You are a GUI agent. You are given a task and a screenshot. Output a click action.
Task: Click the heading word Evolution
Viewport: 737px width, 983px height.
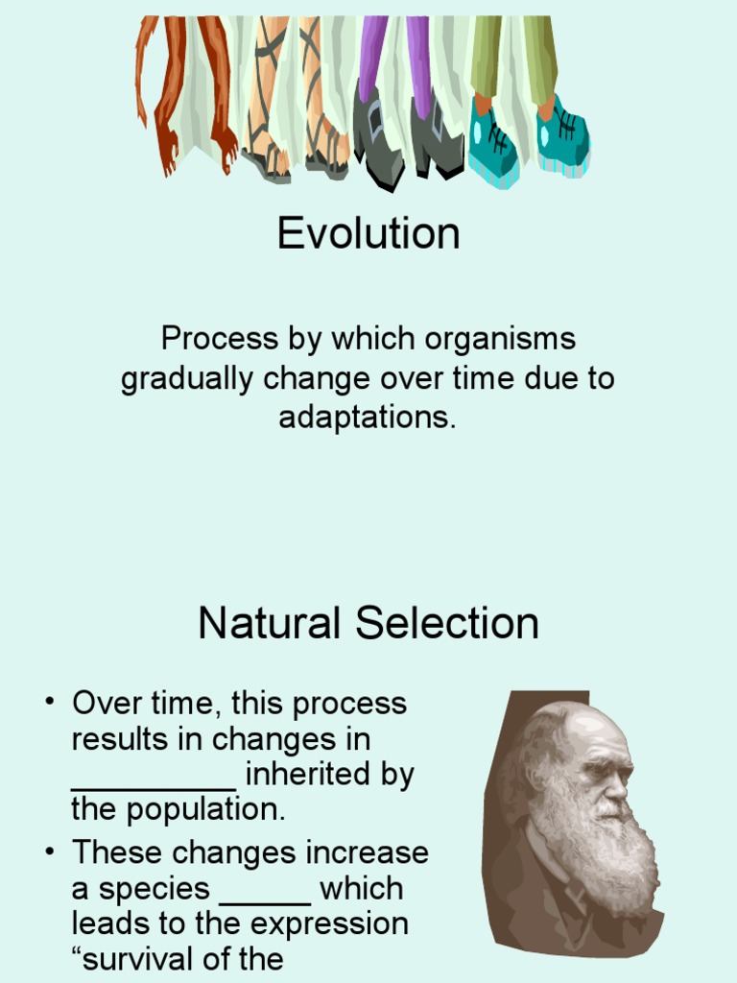click(368, 233)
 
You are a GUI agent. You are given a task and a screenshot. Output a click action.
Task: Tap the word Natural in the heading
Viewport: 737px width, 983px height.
click(270, 623)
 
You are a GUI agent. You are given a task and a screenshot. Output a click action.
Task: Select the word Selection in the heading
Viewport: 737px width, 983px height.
click(447, 623)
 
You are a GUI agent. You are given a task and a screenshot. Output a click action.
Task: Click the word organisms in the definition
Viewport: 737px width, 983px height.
click(499, 339)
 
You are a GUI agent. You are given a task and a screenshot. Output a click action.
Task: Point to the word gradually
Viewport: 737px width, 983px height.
click(187, 379)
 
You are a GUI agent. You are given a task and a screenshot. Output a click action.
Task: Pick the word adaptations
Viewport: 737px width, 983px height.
click(367, 418)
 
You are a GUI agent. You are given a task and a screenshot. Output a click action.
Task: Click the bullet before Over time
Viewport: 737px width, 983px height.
click(50, 702)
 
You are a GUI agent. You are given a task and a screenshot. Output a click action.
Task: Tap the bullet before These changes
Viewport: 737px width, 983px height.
click(50, 852)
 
